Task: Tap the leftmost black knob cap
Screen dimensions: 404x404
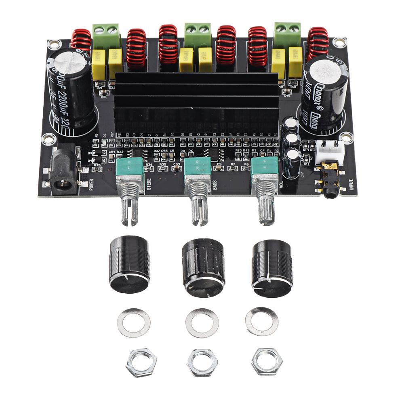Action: tap(129, 264)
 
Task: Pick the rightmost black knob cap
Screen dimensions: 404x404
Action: tap(272, 269)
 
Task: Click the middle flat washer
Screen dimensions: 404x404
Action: tap(202, 322)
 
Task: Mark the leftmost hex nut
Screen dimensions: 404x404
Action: tap(141, 362)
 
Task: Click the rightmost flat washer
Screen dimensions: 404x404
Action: tap(261, 321)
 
